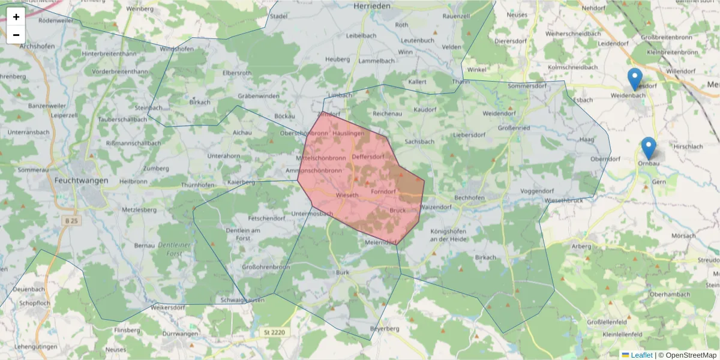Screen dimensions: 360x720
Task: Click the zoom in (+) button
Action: click(x=16, y=17)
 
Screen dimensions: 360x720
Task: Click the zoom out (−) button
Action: click(x=16, y=35)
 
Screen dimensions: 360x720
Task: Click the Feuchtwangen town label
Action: click(x=81, y=180)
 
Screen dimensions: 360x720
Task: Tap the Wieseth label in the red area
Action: click(x=347, y=196)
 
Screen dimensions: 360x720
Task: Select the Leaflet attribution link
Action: click(x=641, y=355)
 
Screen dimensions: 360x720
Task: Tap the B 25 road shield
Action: click(x=71, y=221)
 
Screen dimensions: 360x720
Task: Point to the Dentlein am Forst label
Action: click(x=243, y=234)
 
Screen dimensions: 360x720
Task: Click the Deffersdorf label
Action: click(x=368, y=157)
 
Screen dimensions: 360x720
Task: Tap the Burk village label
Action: click(x=343, y=272)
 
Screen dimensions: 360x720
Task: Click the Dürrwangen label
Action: click(x=180, y=334)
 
